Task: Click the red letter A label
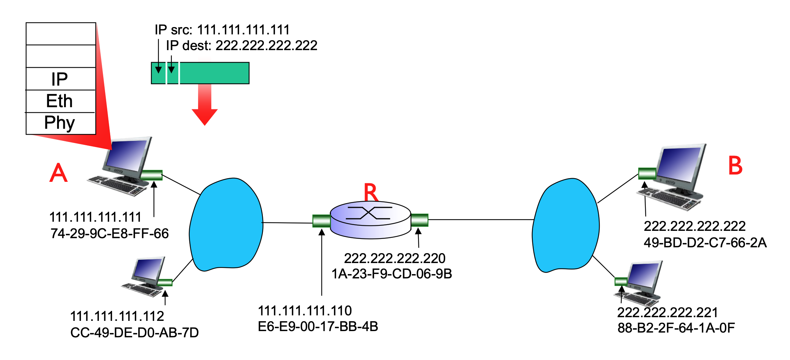(x=59, y=173)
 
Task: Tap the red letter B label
(x=735, y=166)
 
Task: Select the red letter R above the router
(x=370, y=192)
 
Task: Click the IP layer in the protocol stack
(x=60, y=79)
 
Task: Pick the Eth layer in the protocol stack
(x=60, y=101)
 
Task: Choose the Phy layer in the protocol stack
(x=60, y=123)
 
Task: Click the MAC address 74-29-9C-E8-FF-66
(x=109, y=233)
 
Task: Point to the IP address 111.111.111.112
(x=117, y=316)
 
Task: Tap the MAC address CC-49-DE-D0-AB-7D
(x=134, y=333)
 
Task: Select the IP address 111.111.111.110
(x=305, y=311)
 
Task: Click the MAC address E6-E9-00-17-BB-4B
(x=318, y=326)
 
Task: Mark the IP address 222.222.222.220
(x=395, y=258)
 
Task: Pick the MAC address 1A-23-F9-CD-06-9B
(x=392, y=274)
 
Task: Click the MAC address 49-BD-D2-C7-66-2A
(x=705, y=243)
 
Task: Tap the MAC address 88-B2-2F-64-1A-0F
(x=676, y=328)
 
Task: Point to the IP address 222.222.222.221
(x=667, y=312)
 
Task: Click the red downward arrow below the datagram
(x=205, y=106)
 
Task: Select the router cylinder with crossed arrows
(x=370, y=220)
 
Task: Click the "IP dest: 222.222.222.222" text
(x=242, y=46)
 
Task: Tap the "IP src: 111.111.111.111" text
(x=222, y=30)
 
